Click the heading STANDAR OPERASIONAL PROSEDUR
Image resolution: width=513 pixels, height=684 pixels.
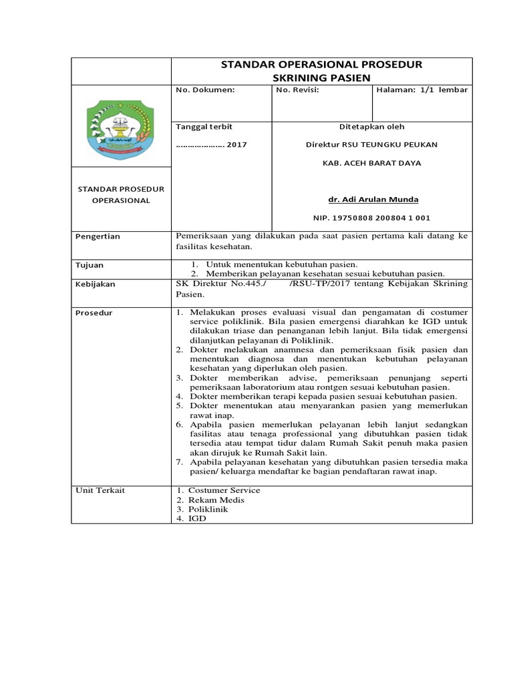pos(321,64)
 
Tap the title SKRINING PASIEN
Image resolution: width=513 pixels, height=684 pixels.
pos(322,77)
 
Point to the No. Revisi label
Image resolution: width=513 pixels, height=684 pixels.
pos(297,90)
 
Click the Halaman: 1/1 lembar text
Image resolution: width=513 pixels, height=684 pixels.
pos(422,90)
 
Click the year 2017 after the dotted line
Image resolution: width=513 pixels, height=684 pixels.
pos(237,144)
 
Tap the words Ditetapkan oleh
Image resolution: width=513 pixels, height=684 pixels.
pos(372,126)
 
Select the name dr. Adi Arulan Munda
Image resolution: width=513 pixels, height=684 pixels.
pos(372,200)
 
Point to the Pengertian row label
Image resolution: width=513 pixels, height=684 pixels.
pos(98,236)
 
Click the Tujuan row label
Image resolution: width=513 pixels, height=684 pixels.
pos(90,265)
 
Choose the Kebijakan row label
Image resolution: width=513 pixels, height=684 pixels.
pos(95,284)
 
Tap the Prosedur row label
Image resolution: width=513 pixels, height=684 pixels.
pos(93,312)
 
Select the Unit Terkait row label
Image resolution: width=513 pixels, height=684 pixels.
pos(100,490)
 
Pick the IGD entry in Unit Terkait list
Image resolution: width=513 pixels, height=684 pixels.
pos(198,518)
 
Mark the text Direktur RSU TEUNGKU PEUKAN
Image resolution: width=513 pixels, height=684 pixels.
pos(372,144)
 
